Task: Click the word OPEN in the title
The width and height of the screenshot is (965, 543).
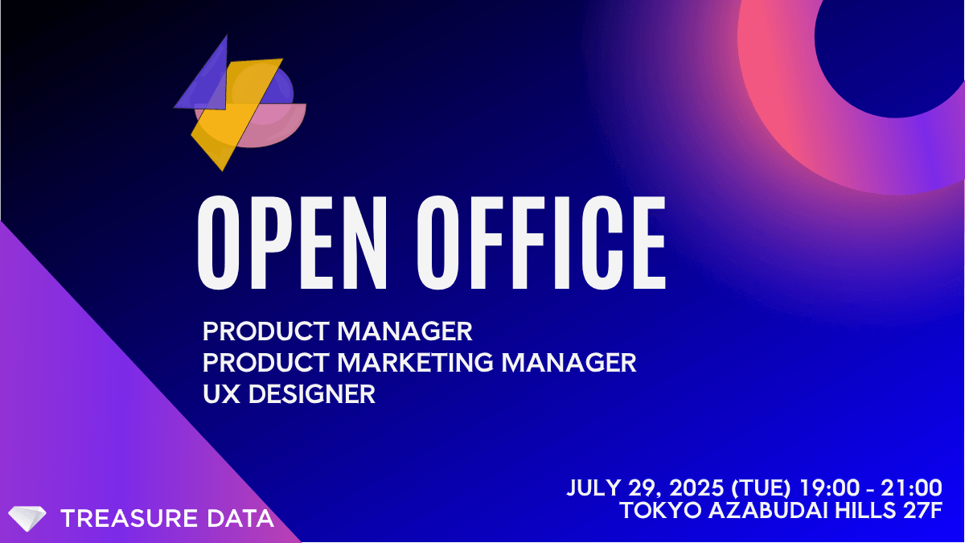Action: click(292, 243)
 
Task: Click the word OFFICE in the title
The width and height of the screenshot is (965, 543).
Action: click(541, 243)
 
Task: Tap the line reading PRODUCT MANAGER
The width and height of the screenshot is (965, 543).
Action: click(337, 331)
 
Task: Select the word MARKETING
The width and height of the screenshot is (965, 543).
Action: click(415, 363)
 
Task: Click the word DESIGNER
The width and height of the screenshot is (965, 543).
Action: click(311, 394)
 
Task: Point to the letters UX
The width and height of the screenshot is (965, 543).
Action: click(221, 394)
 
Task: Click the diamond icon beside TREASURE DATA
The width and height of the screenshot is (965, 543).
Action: click(27, 518)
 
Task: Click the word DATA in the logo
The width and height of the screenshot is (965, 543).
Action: click(240, 518)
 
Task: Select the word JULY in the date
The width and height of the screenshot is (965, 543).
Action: click(593, 487)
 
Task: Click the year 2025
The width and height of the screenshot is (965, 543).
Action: click(696, 487)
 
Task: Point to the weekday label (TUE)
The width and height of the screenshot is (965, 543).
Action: click(762, 488)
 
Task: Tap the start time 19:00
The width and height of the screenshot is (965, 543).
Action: click(829, 487)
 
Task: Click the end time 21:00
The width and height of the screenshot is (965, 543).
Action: click(911, 487)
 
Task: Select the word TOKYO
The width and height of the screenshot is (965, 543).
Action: click(661, 510)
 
